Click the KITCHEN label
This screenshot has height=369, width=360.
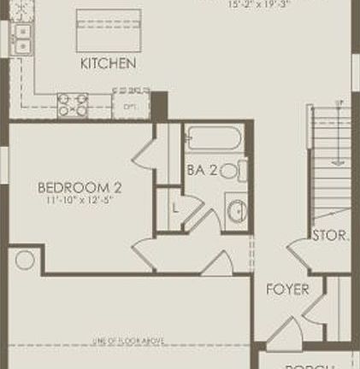[x=108, y=64]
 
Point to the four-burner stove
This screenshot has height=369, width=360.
[x=73, y=104]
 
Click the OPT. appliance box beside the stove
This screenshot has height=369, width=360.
[x=130, y=106]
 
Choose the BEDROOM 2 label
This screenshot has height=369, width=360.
[x=80, y=187]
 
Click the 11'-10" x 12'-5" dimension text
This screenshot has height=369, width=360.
[x=80, y=202]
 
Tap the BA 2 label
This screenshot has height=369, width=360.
[x=202, y=170]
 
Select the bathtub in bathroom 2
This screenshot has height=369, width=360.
[x=215, y=138]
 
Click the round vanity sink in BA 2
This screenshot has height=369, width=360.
[x=235, y=209]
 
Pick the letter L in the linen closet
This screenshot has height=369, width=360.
[x=174, y=207]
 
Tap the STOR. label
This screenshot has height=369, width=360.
[x=330, y=235]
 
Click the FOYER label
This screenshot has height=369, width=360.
[x=287, y=290]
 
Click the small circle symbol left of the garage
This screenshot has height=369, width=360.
[x=25, y=260]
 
